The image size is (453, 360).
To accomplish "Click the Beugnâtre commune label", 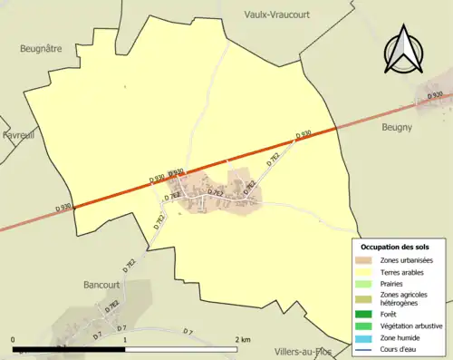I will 43,49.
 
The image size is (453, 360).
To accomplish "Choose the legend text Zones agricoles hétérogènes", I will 404,299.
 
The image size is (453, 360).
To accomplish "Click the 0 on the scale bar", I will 14,340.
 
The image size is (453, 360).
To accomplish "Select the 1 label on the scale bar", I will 123,340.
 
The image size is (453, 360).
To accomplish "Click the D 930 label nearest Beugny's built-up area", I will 435,95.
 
